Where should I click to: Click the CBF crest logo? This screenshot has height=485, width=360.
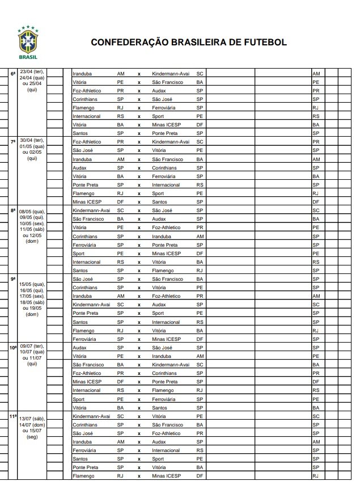[28, 41]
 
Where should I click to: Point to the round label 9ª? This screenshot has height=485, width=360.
[13, 279]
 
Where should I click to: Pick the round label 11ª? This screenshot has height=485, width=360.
[13, 417]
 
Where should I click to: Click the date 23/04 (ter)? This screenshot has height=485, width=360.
[32, 72]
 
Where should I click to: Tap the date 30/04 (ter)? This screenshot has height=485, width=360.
[32, 141]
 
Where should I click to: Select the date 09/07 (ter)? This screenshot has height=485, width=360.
[32, 346]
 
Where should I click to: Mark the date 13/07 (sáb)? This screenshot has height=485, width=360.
[32, 419]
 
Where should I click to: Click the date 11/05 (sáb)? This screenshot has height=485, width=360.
[32, 230]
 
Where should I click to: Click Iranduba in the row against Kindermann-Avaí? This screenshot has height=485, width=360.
[82, 74]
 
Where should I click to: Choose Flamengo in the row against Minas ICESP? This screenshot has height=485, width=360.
[83, 476]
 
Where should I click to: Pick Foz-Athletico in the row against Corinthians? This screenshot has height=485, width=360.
[87, 373]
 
